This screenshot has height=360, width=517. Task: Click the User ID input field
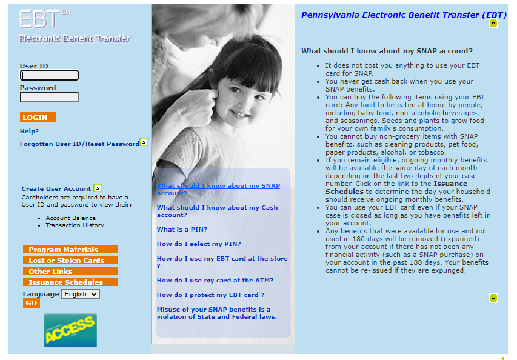49,75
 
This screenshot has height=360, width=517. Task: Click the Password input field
49,97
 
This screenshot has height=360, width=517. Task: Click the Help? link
29,131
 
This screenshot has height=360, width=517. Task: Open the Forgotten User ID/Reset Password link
79,144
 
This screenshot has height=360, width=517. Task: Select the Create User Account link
56,188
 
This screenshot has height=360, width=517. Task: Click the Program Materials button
70,250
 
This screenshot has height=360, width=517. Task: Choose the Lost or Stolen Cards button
70,261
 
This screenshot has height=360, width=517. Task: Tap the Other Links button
70,272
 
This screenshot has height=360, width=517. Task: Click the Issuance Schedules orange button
70,282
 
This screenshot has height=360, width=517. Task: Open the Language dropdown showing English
80,294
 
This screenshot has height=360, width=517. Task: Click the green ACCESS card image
70,330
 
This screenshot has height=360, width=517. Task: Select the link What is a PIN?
182,229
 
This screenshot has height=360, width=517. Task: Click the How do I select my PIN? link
199,244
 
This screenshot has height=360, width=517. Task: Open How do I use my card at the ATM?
215,280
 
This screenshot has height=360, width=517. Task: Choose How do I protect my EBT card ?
210,295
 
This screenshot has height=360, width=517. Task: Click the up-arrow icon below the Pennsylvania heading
493,24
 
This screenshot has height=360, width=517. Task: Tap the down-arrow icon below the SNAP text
493,298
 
